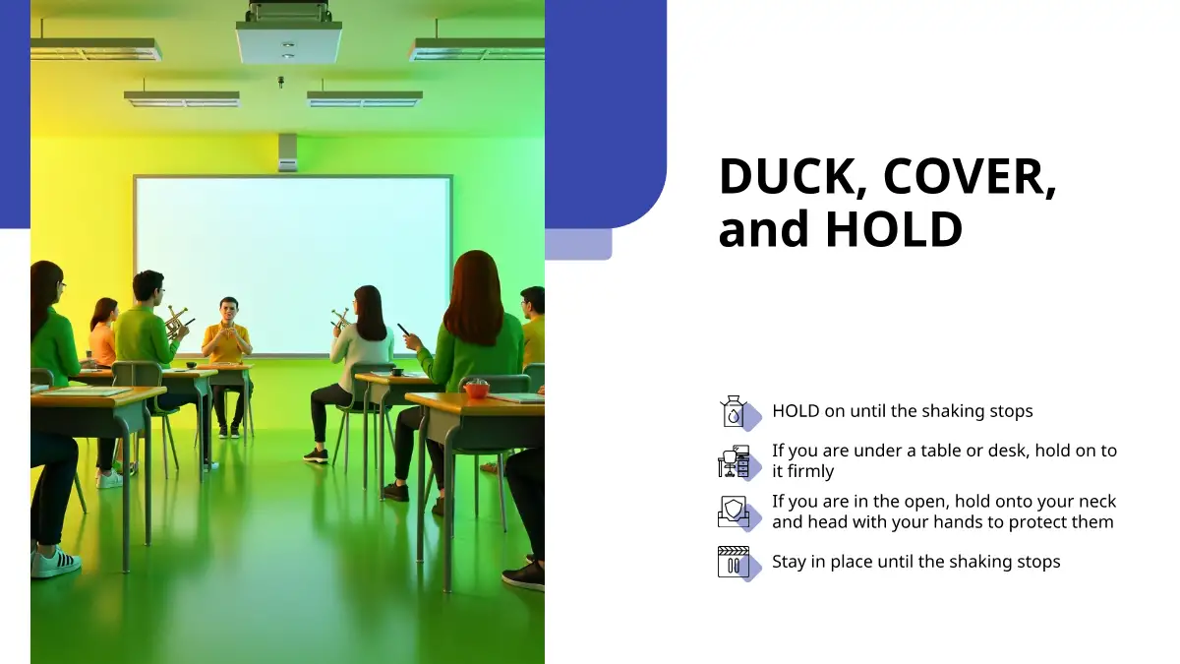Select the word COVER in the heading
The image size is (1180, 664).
(970, 176)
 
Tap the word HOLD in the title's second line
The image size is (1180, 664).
(894, 228)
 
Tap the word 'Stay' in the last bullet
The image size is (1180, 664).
(789, 563)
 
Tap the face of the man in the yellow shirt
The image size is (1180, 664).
(228, 311)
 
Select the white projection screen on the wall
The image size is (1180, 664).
(293, 266)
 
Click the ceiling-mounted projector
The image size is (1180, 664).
(288, 37)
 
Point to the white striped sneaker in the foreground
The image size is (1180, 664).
(55, 562)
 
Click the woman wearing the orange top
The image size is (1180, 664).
(103, 333)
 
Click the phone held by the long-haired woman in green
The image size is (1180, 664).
(404, 330)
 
